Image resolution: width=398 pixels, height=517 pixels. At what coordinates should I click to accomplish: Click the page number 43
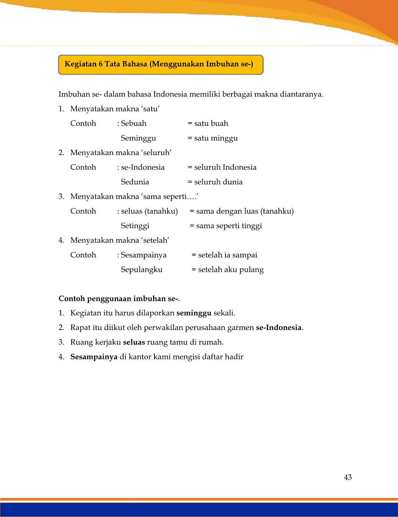[348, 477]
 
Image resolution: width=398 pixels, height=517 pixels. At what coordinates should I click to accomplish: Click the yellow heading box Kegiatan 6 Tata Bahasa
[160, 65]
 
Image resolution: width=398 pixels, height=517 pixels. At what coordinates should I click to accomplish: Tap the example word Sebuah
[134, 123]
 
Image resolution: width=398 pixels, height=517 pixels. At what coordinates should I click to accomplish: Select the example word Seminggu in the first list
[138, 138]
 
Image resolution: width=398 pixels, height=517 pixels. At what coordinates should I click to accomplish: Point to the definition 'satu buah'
[211, 123]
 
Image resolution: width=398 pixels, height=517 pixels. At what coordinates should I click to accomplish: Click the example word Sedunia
[135, 182]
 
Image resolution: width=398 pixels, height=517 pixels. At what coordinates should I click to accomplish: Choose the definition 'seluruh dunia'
[218, 182]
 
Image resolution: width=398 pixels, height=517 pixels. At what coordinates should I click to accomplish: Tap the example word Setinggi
[135, 226]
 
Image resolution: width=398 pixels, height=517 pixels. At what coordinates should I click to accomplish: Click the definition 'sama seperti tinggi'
[229, 226]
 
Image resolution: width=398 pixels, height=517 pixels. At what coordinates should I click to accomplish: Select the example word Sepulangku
[141, 270]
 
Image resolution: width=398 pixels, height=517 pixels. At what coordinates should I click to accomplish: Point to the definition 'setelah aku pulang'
[230, 270]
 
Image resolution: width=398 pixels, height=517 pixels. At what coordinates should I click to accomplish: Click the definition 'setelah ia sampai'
[227, 255]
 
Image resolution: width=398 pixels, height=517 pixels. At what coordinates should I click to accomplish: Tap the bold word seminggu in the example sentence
[194, 313]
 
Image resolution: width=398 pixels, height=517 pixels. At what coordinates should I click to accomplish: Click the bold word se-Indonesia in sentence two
[279, 328]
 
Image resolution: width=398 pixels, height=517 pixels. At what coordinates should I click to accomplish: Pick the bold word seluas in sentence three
[134, 342]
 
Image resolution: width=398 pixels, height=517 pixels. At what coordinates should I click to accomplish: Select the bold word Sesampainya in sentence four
[94, 357]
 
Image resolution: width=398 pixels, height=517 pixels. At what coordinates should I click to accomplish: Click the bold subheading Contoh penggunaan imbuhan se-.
[119, 299]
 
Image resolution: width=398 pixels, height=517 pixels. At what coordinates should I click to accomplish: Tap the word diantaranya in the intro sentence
[301, 94]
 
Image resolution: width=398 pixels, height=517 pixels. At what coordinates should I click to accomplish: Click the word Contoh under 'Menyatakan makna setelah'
[83, 255]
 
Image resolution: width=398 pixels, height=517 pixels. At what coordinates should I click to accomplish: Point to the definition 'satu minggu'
[216, 138]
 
